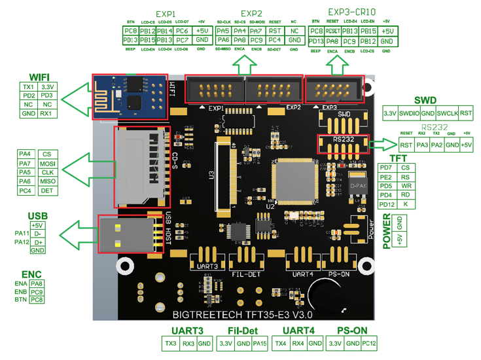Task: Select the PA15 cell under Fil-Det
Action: point(260,344)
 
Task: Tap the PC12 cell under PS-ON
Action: point(369,344)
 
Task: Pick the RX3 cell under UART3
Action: point(188,344)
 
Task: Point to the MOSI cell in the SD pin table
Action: point(46,163)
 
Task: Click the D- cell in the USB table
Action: point(37,233)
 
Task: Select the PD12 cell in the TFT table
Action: point(386,205)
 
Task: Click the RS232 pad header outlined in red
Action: point(342,144)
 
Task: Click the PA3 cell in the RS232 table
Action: point(422,145)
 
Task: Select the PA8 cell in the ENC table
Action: point(37,283)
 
